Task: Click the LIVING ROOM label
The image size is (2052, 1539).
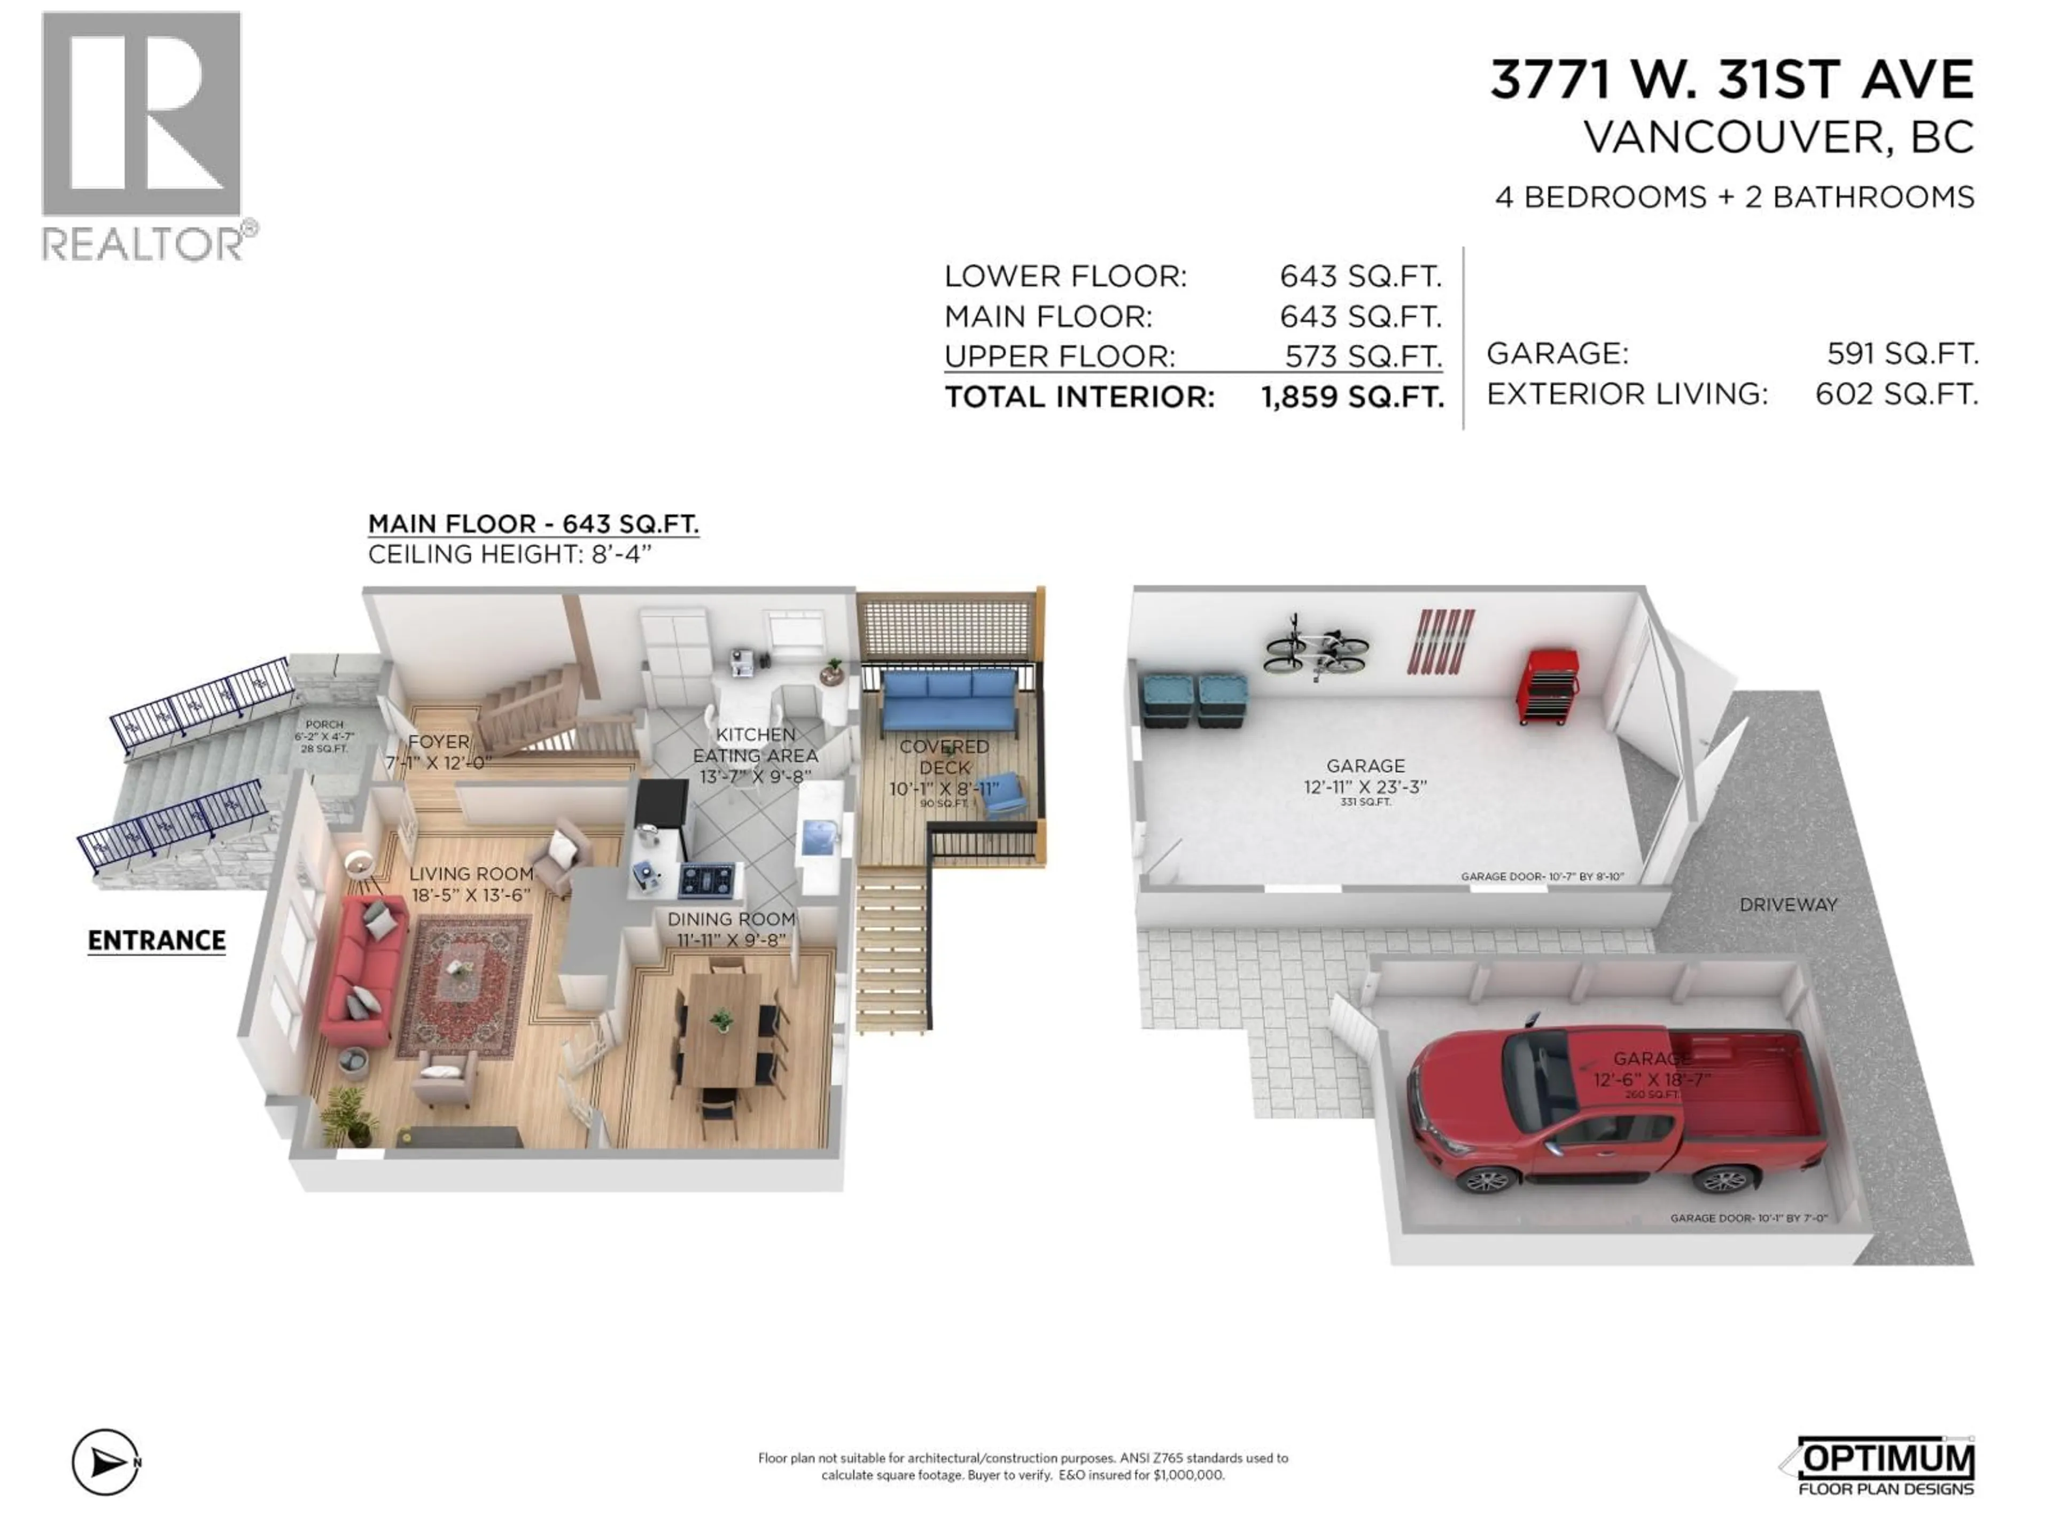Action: [471, 874]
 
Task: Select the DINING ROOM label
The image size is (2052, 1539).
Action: [731, 919]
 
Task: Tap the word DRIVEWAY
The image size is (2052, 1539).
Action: [1787, 905]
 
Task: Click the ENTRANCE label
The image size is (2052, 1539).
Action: [157, 941]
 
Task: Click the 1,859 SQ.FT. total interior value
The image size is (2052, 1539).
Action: [1351, 397]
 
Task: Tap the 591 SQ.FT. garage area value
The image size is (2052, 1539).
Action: [1902, 353]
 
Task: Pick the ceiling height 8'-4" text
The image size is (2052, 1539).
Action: [509, 555]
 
